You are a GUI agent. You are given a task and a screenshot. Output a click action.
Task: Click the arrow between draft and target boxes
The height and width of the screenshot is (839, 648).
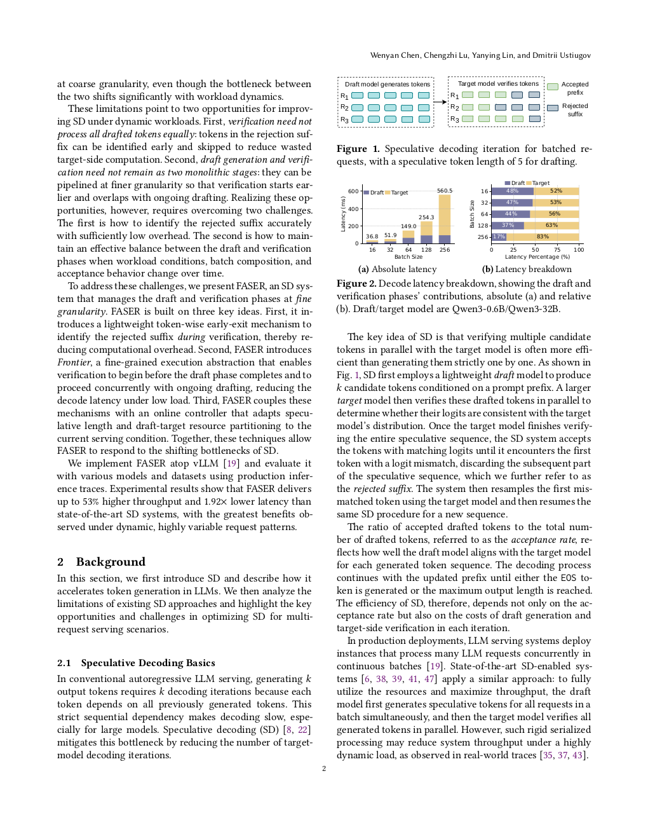click(x=440, y=102)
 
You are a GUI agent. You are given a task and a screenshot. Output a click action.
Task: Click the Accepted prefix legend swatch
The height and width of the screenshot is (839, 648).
click(x=553, y=86)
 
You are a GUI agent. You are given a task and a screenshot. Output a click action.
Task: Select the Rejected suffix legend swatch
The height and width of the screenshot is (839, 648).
click(x=553, y=108)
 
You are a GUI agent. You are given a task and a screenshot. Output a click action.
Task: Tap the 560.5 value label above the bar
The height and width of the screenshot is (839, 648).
click(x=445, y=191)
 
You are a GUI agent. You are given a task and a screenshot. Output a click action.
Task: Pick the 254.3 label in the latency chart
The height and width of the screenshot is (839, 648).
click(x=426, y=217)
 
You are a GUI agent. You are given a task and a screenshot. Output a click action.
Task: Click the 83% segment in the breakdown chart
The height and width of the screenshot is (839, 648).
click(x=543, y=236)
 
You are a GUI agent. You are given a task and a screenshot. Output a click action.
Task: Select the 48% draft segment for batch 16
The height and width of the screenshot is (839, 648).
click(x=512, y=191)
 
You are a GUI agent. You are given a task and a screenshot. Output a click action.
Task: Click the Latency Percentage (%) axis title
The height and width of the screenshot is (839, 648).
click(x=537, y=257)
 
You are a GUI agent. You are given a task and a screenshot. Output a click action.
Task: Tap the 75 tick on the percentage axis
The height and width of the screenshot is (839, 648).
click(x=557, y=250)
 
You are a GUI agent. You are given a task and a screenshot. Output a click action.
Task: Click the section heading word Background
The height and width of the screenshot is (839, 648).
click(x=111, y=562)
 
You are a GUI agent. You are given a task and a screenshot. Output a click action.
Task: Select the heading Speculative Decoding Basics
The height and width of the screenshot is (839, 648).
click(x=148, y=663)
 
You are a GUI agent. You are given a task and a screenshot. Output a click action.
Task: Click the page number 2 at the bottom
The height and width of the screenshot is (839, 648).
click(x=324, y=768)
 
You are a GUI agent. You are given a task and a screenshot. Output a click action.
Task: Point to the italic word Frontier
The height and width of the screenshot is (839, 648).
click(x=74, y=362)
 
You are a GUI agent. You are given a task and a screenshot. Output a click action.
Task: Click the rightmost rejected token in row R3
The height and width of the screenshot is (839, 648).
click(x=534, y=119)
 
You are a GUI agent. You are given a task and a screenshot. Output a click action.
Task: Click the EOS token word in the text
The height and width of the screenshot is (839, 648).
click(x=568, y=578)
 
